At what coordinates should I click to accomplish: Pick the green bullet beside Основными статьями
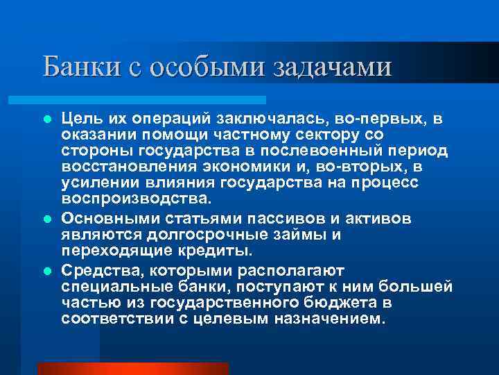[46, 219]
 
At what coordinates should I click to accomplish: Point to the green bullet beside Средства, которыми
[46, 270]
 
